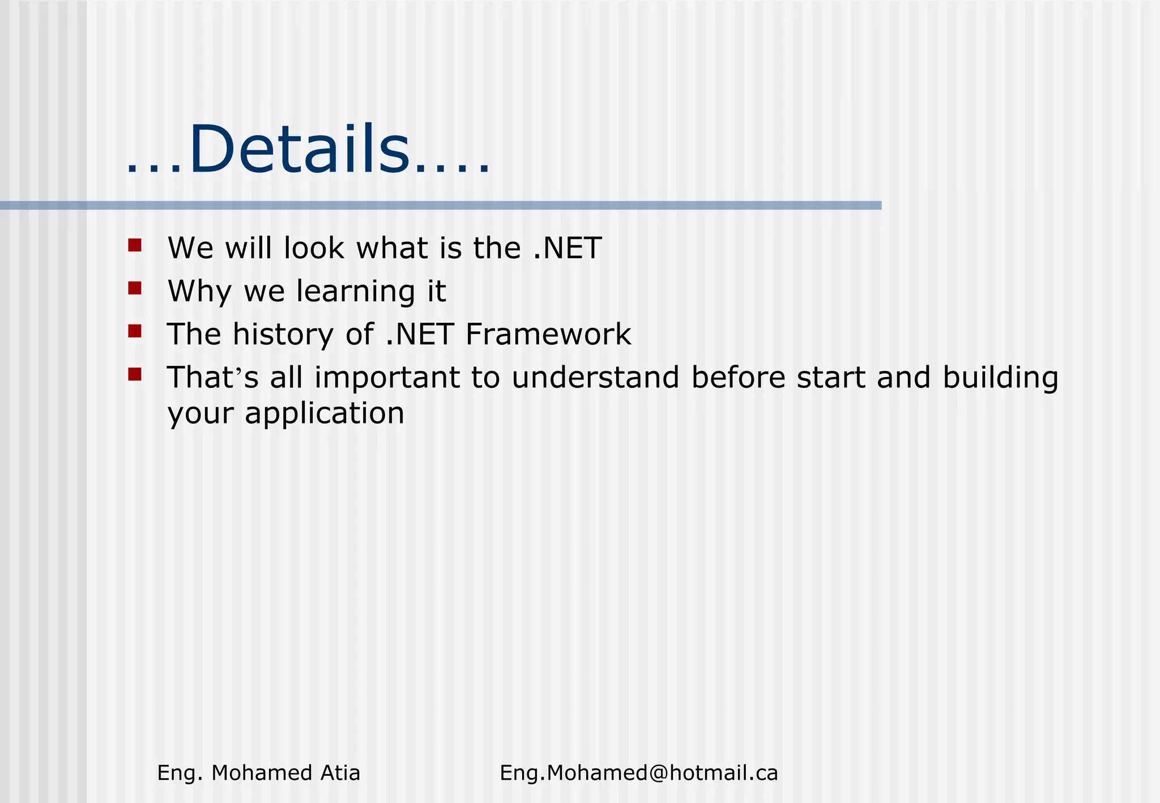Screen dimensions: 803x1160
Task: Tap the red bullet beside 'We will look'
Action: pos(135,245)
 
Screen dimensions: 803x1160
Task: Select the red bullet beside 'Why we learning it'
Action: pos(135,288)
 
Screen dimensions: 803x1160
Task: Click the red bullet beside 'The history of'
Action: pos(135,331)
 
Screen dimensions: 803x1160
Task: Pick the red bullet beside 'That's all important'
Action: pos(135,374)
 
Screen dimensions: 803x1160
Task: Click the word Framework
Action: pos(548,334)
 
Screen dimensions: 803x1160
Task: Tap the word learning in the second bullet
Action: pos(356,292)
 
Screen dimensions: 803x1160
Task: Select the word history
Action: pos(283,334)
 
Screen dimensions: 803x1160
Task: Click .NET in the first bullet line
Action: pos(568,249)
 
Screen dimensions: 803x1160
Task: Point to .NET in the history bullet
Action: pos(419,334)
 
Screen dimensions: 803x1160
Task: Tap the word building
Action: pos(1000,378)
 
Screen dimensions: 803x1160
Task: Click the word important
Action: pos(387,378)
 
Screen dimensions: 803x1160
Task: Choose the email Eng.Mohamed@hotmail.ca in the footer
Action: pos(638,773)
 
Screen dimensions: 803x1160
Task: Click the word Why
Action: pos(199,292)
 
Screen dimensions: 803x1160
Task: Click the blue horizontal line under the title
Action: pos(441,206)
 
